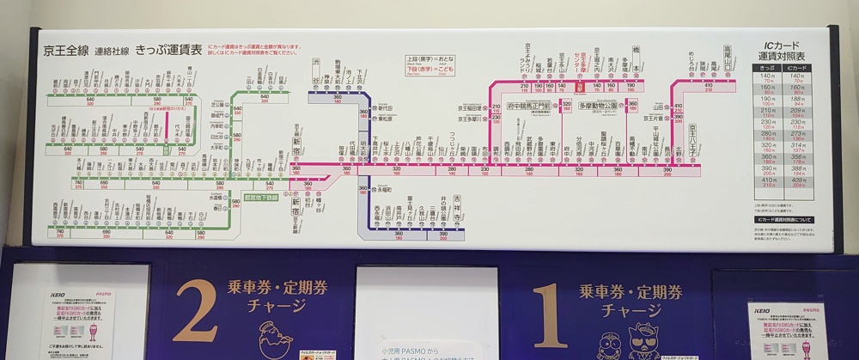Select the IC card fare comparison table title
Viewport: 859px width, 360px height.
point(783,48)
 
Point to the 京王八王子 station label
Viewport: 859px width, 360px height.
point(691,135)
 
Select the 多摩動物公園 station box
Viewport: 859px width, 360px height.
point(599,107)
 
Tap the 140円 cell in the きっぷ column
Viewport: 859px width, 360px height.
point(766,76)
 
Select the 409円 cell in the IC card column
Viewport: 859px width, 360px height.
point(799,180)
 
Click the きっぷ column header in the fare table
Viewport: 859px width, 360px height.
point(766,66)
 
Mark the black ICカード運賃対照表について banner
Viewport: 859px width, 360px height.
point(783,220)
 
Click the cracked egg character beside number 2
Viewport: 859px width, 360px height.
point(277,331)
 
